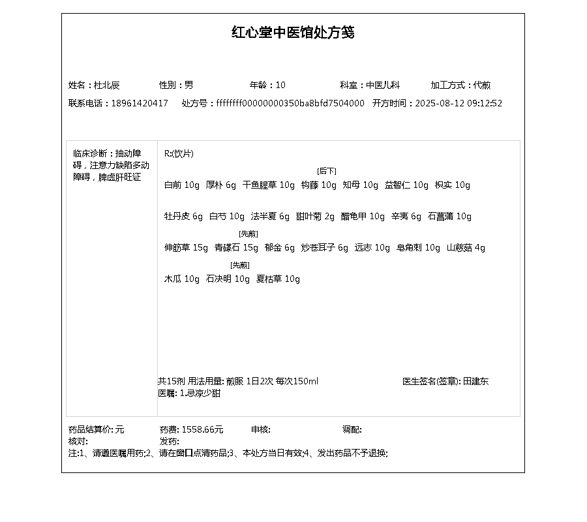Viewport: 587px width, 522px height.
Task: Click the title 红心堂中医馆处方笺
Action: pos(293,33)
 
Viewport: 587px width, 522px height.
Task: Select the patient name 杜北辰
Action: pos(107,85)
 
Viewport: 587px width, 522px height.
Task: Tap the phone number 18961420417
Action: pos(140,103)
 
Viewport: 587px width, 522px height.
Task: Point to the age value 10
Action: pos(280,85)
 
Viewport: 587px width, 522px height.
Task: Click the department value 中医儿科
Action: pos(382,85)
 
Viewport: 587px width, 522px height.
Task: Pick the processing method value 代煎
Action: pos(482,85)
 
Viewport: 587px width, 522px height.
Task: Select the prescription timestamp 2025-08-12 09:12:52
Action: pos(459,103)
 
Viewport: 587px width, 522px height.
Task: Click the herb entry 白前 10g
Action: pos(181,185)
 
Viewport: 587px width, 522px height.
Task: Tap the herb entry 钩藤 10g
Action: pos(318,185)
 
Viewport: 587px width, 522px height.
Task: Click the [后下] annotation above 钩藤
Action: pos(327,171)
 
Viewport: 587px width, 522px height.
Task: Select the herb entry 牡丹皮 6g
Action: pos(183,216)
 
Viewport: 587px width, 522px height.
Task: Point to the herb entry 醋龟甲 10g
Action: pos(363,216)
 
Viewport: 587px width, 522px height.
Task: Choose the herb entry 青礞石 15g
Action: pos(236,247)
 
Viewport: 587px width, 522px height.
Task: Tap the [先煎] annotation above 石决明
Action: pos(240,265)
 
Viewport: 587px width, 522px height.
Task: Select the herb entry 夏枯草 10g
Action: pos(278,279)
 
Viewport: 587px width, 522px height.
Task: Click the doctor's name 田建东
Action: pos(475,381)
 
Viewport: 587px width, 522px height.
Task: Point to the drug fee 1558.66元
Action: pos(202,429)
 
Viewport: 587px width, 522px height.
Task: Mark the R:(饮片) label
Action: pos(179,153)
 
